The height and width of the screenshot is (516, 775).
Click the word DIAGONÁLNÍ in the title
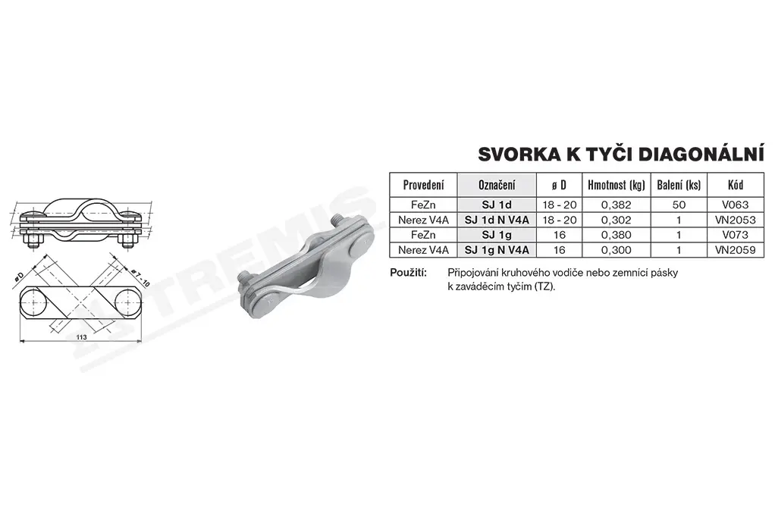701,154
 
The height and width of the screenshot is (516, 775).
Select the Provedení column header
423,185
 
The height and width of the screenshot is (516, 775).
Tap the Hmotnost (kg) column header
617,185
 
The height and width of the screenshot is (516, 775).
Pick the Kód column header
736,185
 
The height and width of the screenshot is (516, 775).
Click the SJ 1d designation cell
497,205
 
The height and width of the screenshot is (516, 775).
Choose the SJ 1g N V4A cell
497,250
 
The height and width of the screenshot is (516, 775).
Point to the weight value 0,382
617,205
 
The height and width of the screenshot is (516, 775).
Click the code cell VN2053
736,220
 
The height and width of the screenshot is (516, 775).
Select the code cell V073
736,235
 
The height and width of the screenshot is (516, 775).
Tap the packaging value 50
679,205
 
